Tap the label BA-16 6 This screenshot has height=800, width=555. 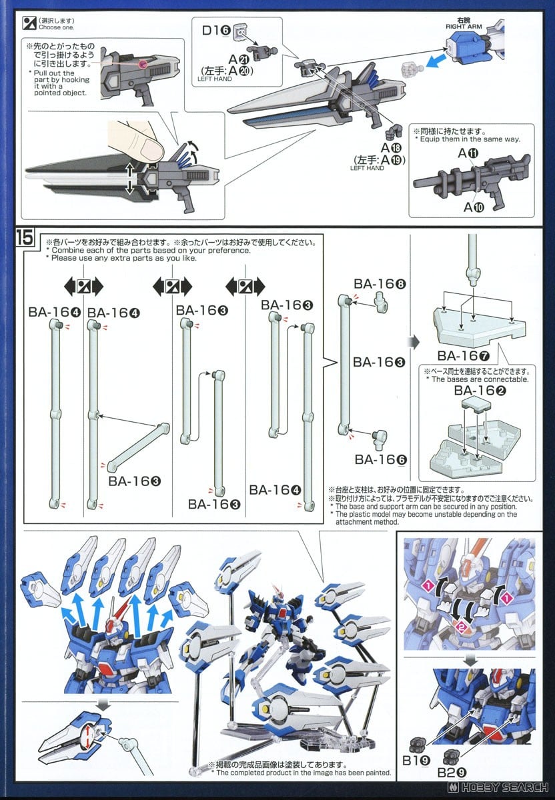[x=380, y=459]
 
